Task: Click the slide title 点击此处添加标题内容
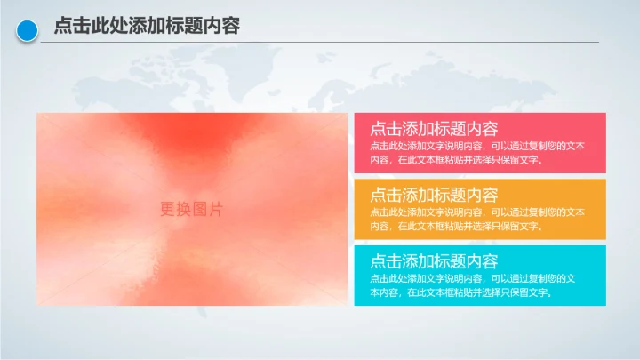click(147, 27)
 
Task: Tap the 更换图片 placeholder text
click(191, 209)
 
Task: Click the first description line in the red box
click(476, 146)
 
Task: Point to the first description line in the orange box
click(476, 212)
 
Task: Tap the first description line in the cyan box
click(472, 278)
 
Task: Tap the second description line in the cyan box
click(460, 292)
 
